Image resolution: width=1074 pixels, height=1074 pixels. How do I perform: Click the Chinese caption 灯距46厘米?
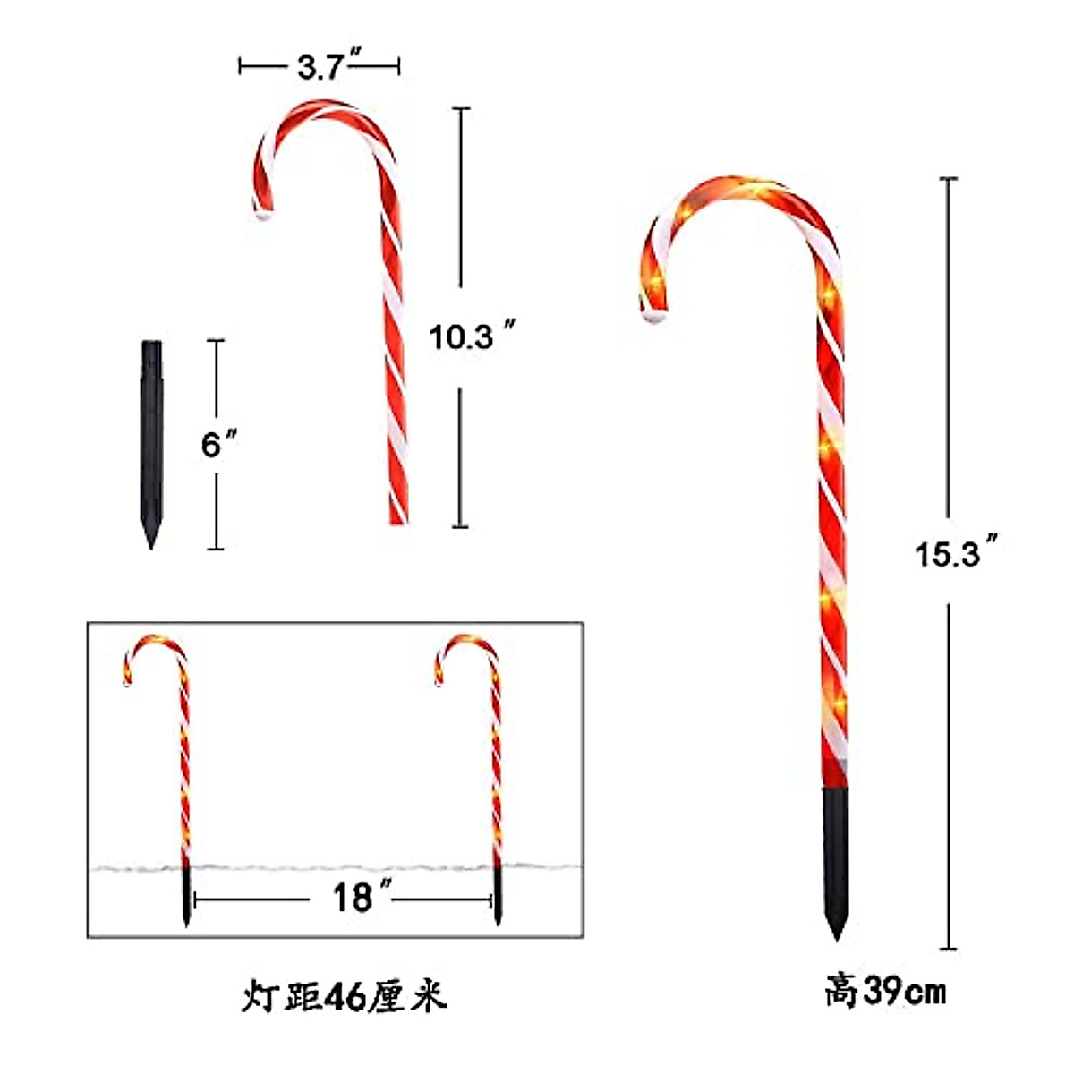344,996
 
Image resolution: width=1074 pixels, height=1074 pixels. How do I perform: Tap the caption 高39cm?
884,992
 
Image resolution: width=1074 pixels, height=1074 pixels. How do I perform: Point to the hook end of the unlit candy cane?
263,213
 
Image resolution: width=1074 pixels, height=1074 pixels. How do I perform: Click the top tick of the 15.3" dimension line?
949,179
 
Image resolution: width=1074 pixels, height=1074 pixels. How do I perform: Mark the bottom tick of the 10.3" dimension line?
460,526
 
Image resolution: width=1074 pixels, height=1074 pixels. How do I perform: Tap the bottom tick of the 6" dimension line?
216,549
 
